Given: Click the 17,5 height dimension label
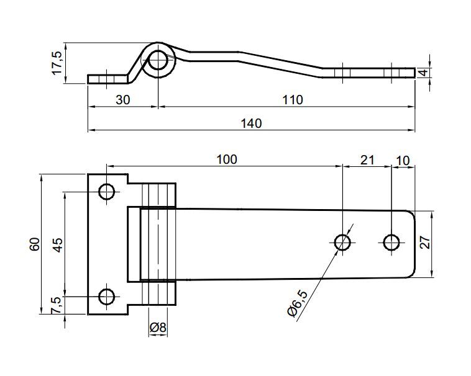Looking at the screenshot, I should click(57, 63).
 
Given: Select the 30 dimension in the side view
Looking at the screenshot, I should click(122, 99).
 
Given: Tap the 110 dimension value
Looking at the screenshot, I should click(291, 99).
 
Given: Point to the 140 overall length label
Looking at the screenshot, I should click(250, 123).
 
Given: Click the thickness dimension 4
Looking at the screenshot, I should click(423, 73).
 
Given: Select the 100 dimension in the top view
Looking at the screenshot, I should click(226, 159).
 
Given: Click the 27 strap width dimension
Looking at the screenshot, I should click(424, 243).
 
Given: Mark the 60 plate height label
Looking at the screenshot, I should click(35, 244).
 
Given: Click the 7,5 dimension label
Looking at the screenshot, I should click(57, 305).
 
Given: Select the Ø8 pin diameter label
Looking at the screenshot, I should click(158, 327).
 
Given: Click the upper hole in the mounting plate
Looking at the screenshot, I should click(107, 192).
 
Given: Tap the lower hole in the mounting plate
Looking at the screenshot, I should click(107, 297).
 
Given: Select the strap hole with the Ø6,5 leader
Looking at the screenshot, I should click(342, 241).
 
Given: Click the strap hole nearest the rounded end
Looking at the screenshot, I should click(391, 241).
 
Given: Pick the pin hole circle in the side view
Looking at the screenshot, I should click(158, 61).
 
